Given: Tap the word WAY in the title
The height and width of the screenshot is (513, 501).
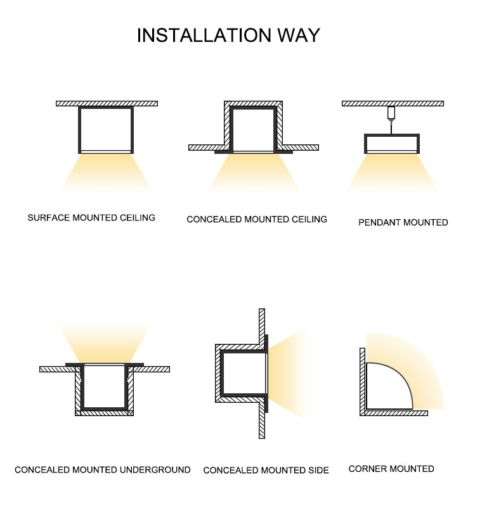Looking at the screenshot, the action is [299, 35].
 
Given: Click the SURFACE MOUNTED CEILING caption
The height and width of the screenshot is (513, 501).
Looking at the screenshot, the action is [91, 218].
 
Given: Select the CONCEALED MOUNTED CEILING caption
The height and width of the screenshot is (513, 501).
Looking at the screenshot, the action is [257, 219].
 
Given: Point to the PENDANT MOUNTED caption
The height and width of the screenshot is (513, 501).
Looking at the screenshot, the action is [403, 222].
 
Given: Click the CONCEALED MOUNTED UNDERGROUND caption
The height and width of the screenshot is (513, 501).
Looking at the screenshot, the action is [103, 470].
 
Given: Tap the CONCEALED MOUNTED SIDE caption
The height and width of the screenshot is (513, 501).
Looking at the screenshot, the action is [266, 470].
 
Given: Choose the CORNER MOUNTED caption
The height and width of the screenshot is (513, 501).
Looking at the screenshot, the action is [391, 469].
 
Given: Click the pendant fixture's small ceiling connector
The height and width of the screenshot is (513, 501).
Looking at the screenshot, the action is [391, 113].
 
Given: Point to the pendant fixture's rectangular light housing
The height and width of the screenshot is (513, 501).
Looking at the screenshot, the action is [392, 135].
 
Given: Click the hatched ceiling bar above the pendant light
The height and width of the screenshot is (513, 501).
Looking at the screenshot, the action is [393, 104].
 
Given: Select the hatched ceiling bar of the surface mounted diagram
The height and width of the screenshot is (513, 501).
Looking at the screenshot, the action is [107, 104].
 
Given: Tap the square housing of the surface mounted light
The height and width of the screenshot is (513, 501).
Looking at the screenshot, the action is [79, 130].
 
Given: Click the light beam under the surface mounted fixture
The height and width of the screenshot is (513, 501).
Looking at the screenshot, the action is [106, 174].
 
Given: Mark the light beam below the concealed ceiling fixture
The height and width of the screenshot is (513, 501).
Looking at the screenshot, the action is [254, 174].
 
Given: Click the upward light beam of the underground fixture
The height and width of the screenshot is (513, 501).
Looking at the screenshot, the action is [105, 343].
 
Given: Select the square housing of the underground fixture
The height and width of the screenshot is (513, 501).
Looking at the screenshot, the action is [82, 388].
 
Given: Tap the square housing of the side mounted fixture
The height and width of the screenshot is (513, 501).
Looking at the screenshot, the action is [222, 374].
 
